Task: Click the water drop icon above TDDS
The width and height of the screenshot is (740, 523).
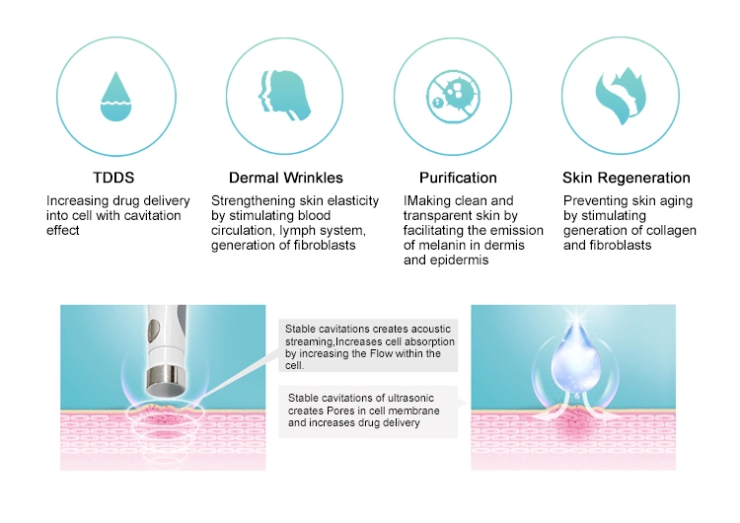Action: click(115, 97)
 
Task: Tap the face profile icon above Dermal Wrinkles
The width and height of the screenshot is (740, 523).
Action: click(284, 96)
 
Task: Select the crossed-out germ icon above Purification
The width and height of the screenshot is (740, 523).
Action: click(453, 97)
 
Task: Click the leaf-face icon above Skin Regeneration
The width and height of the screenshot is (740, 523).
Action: click(621, 97)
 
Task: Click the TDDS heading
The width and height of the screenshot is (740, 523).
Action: click(113, 178)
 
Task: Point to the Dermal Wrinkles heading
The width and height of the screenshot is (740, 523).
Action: click(286, 178)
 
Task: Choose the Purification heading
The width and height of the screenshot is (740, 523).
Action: click(458, 178)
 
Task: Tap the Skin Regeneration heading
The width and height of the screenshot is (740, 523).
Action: click(627, 178)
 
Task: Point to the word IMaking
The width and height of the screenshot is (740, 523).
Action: click(427, 201)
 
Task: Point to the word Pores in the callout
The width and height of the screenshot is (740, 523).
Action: click(340, 411)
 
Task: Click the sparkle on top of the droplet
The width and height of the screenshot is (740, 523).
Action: click(576, 316)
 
